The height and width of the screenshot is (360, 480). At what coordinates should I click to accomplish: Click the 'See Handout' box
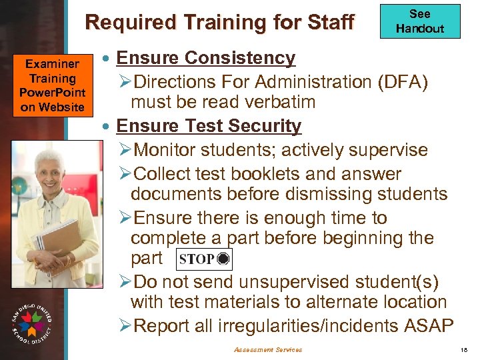pyautogui.click(x=419, y=21)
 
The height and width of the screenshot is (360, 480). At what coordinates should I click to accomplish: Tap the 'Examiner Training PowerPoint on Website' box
pyautogui.click(x=53, y=85)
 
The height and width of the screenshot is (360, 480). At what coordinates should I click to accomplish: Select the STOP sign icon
pyautogui.click(x=204, y=259)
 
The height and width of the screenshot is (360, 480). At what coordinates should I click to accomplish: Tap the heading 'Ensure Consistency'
pyautogui.click(x=205, y=58)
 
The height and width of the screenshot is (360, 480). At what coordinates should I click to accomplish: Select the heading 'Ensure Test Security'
pyautogui.click(x=209, y=125)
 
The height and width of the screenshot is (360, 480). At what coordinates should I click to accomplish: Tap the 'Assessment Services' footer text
pyautogui.click(x=268, y=349)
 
